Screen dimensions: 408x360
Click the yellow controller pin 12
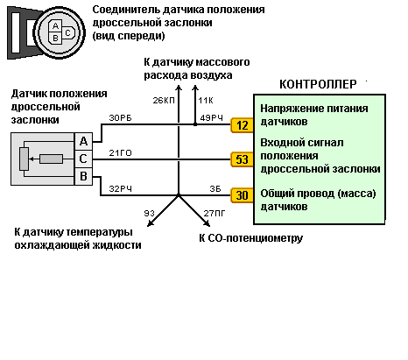[x=242, y=125]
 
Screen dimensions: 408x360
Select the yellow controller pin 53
[x=242, y=159]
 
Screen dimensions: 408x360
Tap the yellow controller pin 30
[x=242, y=195]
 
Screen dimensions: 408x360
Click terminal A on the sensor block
[x=83, y=141]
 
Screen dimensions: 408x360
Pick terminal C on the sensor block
[x=83, y=159]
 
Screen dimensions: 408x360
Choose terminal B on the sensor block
[x=83, y=176]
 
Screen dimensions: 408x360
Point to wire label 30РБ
[x=120, y=118]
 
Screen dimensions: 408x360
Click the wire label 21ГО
[x=120, y=153]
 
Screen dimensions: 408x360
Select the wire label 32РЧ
[x=120, y=189]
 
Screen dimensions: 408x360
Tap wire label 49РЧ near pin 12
[x=212, y=118]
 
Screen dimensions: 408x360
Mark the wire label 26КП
[x=164, y=101]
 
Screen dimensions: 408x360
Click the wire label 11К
[x=206, y=101]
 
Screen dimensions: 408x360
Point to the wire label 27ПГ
[x=215, y=214]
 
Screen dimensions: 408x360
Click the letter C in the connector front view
[x=67, y=32]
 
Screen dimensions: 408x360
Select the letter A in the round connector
[x=55, y=26]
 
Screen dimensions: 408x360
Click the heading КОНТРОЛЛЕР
[x=318, y=84]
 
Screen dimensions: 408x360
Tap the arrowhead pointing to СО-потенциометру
[x=207, y=223]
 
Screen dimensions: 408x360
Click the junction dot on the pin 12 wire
[x=195, y=124]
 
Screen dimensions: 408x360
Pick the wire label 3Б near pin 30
[x=215, y=189]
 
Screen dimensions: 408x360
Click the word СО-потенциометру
[x=256, y=238]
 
